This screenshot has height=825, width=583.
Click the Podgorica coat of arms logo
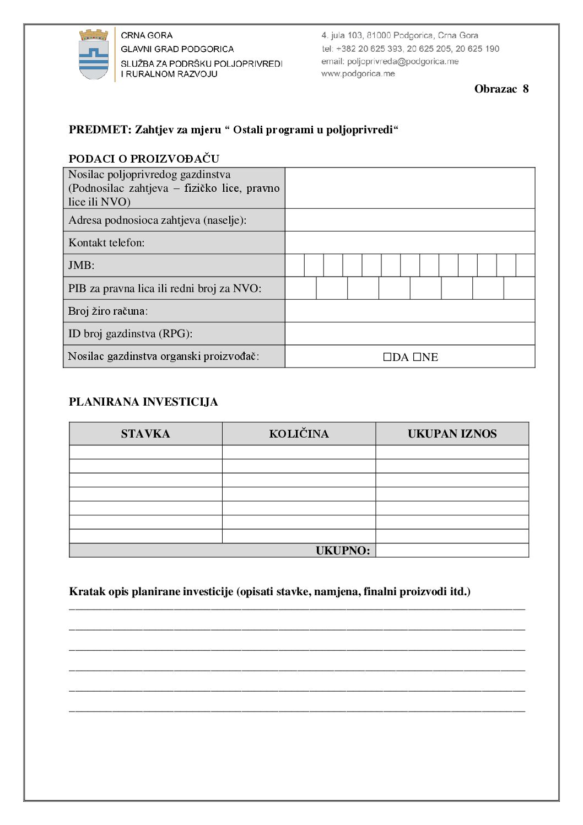click(x=94, y=55)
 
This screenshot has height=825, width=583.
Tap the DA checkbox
click(x=387, y=357)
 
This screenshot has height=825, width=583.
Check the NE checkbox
click(x=417, y=357)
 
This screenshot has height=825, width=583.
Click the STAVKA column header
click(x=145, y=434)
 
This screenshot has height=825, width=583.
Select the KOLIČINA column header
click(x=299, y=434)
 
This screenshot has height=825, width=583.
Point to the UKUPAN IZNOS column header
click(x=452, y=434)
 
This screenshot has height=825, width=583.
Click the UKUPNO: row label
click(x=343, y=551)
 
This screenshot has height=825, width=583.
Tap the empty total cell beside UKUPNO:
click(x=452, y=551)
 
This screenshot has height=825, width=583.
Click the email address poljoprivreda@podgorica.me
click(x=402, y=61)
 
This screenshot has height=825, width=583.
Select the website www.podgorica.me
click(x=358, y=73)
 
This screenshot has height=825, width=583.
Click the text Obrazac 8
click(x=501, y=89)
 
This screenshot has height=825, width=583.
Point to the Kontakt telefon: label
click(x=106, y=242)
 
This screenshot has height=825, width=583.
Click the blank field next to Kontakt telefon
click(x=409, y=242)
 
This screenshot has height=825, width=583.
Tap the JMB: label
click(x=81, y=265)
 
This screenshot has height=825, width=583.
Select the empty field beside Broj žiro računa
click(x=409, y=311)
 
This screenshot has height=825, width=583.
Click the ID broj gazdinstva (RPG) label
click(x=130, y=333)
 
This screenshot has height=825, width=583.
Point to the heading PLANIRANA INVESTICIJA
click(x=143, y=402)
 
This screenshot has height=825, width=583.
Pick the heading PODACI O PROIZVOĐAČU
click(x=144, y=159)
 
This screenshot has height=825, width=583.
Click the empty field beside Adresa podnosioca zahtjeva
click(x=409, y=220)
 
